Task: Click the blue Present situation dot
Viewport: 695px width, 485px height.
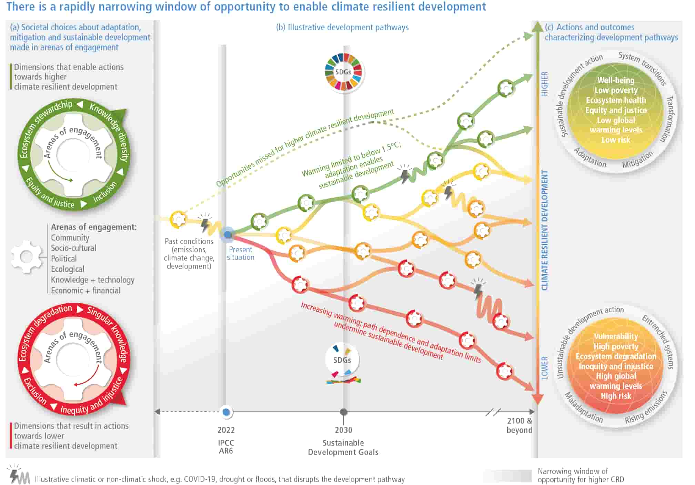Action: click(228, 235)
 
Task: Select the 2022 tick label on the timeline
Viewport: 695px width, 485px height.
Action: click(226, 430)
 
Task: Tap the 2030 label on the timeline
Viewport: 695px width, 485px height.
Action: click(344, 430)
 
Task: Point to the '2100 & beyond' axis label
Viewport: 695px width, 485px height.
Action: click(520, 425)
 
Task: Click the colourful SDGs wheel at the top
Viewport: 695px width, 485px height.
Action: click(343, 72)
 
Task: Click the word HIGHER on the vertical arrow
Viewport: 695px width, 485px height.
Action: click(544, 83)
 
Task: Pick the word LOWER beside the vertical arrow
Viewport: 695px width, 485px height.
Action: click(544, 368)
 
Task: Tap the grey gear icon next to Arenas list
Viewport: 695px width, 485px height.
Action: click(26, 257)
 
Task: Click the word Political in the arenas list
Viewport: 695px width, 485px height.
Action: click(64, 259)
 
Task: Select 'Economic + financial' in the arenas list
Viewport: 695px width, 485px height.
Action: click(86, 291)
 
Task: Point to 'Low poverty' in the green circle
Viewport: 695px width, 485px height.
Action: click(616, 90)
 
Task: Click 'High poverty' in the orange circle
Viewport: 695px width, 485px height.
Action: click(616, 346)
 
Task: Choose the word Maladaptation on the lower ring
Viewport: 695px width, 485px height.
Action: click(584, 408)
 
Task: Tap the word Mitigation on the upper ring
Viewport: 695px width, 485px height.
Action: click(637, 160)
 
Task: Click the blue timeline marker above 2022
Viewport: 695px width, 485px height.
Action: click(226, 412)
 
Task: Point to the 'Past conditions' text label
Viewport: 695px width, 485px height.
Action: click(189, 241)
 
